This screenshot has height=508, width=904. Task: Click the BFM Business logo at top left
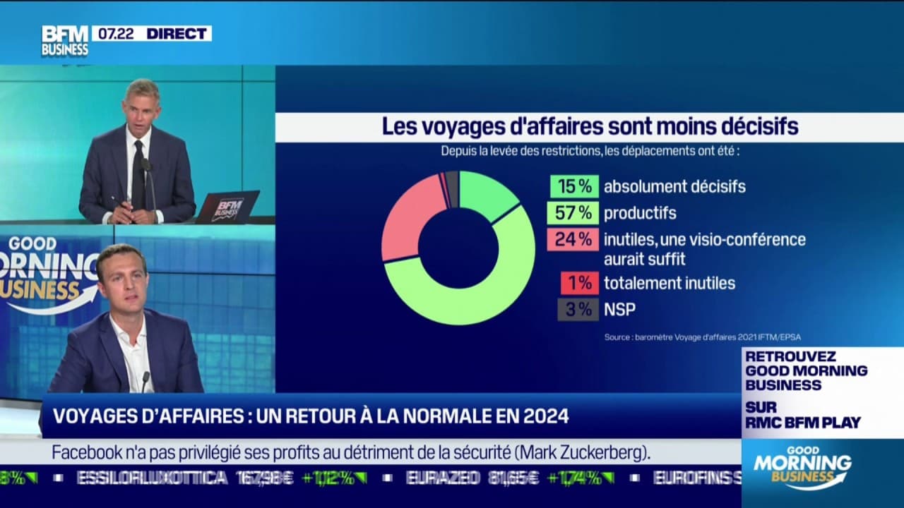[x=65, y=41]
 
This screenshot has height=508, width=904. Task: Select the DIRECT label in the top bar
[x=178, y=33]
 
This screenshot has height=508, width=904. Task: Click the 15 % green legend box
[x=574, y=186]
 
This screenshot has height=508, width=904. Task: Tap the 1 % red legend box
[x=579, y=283]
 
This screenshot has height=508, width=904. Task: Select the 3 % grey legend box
[x=578, y=309]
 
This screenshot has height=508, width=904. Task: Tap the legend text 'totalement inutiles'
[x=669, y=283]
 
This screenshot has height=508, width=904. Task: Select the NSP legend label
[x=619, y=309]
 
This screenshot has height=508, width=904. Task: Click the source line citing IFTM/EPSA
[x=702, y=337]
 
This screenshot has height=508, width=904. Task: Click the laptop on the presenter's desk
[x=227, y=207]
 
